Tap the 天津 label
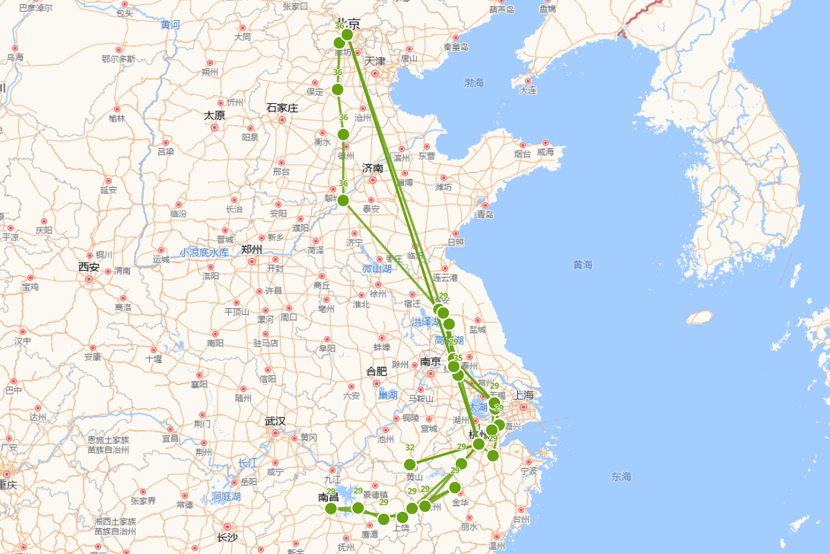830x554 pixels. (375, 62)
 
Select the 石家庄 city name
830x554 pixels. (282, 108)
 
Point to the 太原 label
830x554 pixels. (214, 116)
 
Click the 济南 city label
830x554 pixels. (373, 168)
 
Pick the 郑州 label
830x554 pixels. (252, 249)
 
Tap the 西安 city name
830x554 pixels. (89, 267)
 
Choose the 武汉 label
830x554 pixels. (275, 421)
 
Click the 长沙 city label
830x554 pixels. (228, 537)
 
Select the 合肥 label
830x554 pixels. (376, 371)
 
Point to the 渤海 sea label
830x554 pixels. (474, 83)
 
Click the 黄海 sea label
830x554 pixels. (583, 265)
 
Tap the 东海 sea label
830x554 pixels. (621, 476)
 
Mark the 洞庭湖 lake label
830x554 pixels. (226, 497)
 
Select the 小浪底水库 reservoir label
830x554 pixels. (204, 253)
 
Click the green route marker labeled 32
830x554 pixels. (410, 464)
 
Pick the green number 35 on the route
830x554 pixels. (457, 358)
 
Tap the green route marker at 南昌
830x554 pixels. (331, 508)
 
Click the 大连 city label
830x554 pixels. (528, 90)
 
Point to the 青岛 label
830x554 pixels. (485, 215)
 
